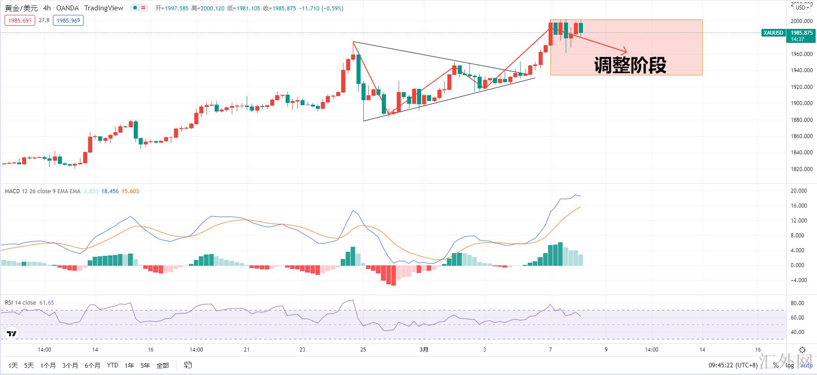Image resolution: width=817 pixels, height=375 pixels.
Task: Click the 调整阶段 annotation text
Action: click(x=630, y=65)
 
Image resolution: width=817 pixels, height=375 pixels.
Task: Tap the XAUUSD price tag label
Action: click(x=773, y=33)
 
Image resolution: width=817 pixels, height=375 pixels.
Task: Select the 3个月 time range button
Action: click(x=70, y=366)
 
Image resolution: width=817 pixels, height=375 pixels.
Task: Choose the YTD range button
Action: click(x=113, y=366)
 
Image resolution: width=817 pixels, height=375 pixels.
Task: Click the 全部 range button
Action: click(x=163, y=366)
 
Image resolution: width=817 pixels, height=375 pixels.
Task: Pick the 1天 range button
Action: click(x=13, y=366)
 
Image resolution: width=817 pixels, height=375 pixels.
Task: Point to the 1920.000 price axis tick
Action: click(x=801, y=87)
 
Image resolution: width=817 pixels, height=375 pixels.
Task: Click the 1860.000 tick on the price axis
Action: click(x=801, y=136)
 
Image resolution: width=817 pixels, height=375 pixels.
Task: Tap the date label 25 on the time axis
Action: click(x=363, y=350)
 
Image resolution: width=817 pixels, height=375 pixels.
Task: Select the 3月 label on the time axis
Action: click(x=424, y=350)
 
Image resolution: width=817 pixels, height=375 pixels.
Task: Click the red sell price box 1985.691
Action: click(x=20, y=20)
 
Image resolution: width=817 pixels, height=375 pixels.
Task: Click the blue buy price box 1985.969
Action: click(x=68, y=20)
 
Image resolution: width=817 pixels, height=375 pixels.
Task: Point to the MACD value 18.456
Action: click(x=110, y=191)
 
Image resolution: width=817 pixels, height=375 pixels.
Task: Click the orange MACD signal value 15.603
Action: click(x=130, y=191)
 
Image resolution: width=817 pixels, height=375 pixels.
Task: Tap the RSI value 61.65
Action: click(x=47, y=303)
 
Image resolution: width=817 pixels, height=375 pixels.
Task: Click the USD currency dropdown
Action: click(x=803, y=7)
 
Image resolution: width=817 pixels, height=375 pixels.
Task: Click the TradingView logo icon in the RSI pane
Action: click(x=12, y=334)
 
